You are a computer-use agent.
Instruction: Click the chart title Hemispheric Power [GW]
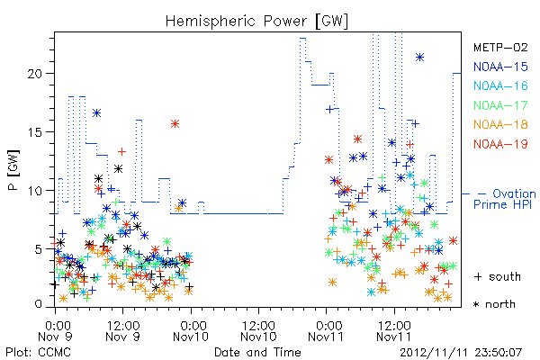256,21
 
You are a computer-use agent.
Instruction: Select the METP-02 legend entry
500,47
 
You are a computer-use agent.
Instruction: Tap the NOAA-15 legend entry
500,67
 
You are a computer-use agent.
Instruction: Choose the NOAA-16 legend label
500,85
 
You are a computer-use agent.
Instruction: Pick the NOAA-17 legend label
500,105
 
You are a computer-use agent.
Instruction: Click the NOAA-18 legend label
500,124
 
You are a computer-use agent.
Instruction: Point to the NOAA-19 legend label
500,144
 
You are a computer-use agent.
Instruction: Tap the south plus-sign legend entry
498,276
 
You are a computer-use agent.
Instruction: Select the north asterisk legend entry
494,304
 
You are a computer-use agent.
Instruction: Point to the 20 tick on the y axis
35,74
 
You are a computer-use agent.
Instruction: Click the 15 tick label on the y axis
35,132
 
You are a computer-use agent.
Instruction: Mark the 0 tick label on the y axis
39,304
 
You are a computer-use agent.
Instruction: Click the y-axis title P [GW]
13,170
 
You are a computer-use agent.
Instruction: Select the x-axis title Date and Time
257,352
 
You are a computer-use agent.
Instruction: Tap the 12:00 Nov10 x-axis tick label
258,331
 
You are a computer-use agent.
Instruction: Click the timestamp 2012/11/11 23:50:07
461,353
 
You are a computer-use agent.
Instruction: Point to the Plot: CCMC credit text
38,352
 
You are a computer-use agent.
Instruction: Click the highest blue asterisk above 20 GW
419,58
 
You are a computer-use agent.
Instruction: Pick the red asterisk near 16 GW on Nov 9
175,124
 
